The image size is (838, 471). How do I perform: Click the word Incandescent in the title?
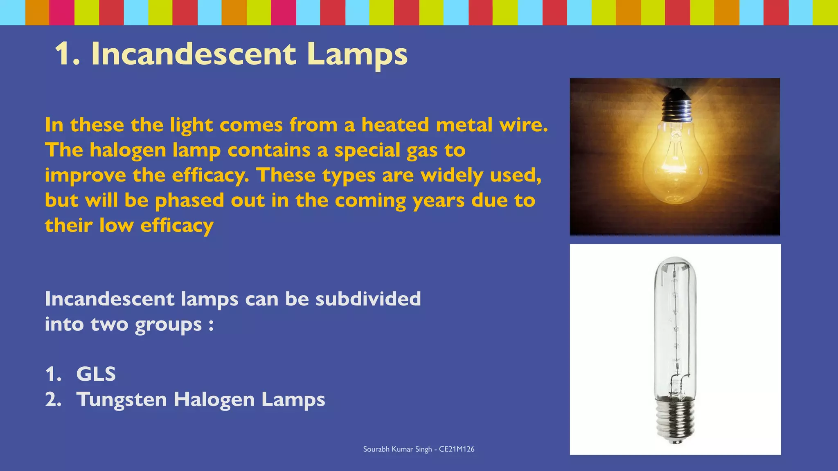coord(193,54)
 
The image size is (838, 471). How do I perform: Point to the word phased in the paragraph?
coord(189,201)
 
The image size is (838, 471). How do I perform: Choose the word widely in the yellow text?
coord(452,175)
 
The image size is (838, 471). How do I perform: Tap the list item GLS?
coord(96,374)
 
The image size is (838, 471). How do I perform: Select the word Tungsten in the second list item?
coord(122,399)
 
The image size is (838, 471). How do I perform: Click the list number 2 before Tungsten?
coord(52,399)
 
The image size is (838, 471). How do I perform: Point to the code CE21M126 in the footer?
coord(457,449)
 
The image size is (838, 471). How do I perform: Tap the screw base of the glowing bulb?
coord(677,106)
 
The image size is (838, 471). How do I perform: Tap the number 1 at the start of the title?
coord(63,54)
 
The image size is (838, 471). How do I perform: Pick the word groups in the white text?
coord(168,325)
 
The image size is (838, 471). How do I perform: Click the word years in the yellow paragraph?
coord(438,201)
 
